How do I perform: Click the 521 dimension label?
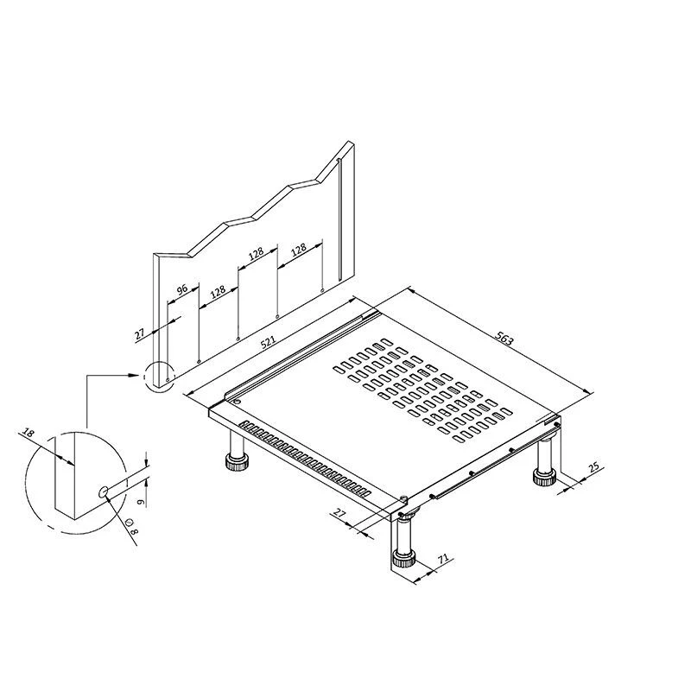click(268, 342)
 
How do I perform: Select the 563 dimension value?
click(504, 339)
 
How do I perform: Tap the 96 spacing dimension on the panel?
click(182, 289)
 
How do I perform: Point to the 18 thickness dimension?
click(28, 433)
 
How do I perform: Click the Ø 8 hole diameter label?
click(132, 526)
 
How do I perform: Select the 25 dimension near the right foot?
click(594, 466)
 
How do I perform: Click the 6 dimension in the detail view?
click(141, 502)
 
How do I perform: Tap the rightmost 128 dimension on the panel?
click(298, 250)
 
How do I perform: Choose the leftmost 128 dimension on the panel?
click(218, 291)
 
